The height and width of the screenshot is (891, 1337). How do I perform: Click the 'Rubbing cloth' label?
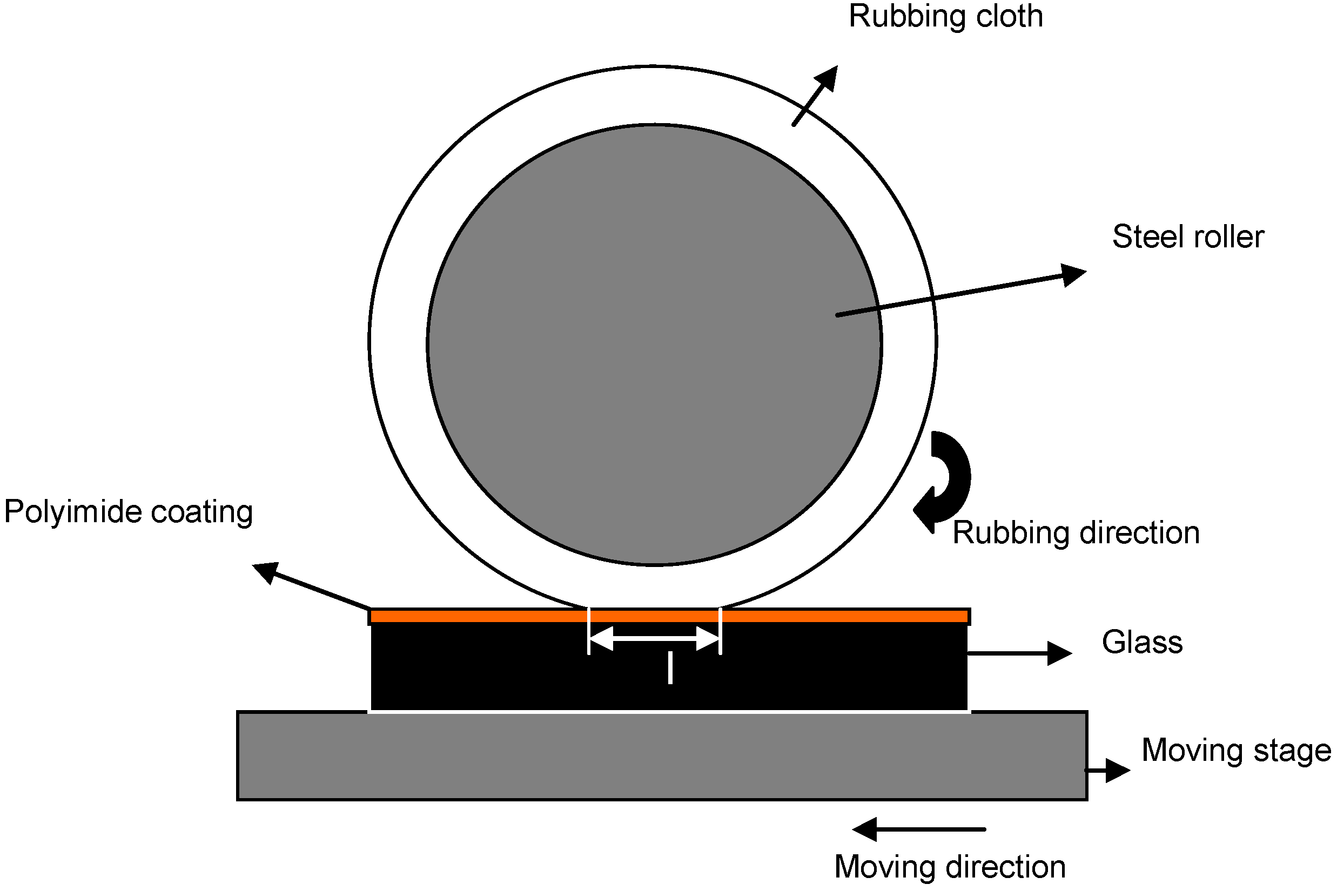point(945,17)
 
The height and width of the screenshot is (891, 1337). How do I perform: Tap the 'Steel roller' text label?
point(1187,237)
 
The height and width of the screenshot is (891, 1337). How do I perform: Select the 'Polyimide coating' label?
point(129,511)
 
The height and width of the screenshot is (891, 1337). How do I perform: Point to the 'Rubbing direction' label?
point(1076,533)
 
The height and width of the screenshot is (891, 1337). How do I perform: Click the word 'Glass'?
point(1142,642)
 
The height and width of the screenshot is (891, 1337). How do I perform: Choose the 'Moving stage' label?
point(1236,750)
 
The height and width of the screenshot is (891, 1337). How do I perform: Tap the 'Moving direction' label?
point(950,867)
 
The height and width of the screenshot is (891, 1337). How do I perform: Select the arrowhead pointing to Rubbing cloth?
point(827,78)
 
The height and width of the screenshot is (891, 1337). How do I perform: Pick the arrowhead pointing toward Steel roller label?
point(1073,274)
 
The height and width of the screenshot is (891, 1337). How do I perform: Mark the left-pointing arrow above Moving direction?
point(917,829)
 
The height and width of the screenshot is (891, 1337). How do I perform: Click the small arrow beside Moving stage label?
point(1108,771)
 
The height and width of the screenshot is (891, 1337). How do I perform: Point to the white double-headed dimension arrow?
point(654,639)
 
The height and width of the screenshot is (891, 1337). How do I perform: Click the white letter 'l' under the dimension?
point(670,667)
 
